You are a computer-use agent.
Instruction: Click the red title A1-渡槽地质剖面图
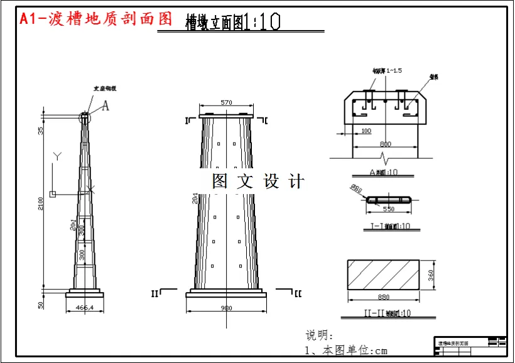coord(95,19)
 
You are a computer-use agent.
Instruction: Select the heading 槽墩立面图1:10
coord(232,23)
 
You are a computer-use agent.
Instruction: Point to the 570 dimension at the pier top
coord(227,103)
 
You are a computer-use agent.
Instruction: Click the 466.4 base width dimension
coord(84,308)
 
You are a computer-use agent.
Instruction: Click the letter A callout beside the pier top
coord(106,106)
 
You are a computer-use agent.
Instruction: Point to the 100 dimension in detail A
coord(366,131)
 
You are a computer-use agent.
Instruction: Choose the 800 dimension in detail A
coord(385,144)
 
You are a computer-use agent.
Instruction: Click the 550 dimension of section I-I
coord(389,209)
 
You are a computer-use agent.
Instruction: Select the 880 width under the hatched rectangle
coord(384,297)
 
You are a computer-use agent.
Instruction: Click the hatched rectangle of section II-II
coord(384,274)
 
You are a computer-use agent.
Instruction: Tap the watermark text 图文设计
coord(258,181)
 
